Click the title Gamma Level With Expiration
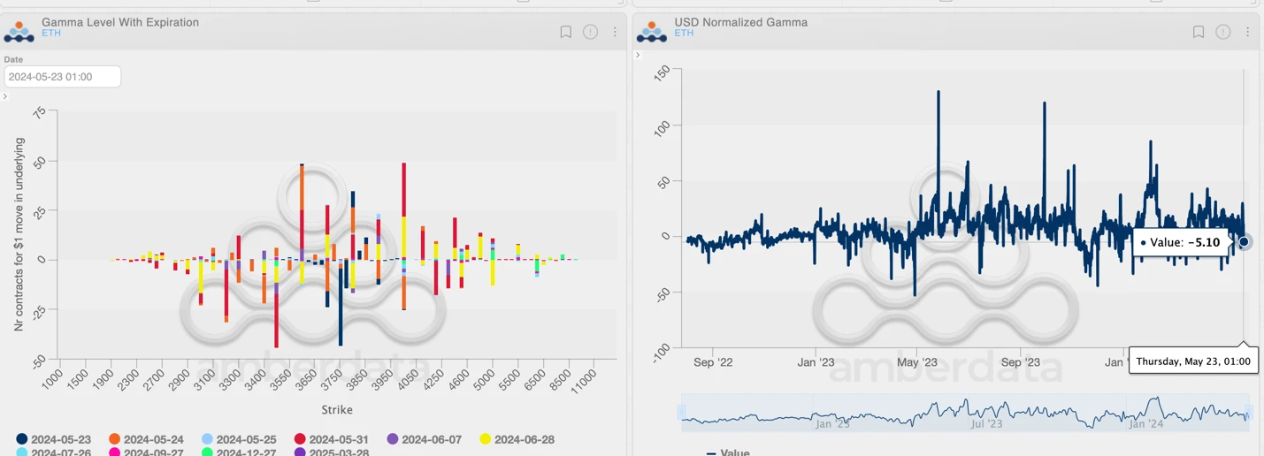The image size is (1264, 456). click(119, 22)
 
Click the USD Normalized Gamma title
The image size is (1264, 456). click(740, 22)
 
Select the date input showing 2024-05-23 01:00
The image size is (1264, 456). click(62, 77)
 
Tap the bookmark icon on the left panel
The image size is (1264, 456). click(566, 32)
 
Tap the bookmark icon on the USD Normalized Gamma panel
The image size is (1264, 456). click(1199, 32)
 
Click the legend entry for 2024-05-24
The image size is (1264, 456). click(153, 439)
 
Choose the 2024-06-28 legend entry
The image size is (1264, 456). click(524, 439)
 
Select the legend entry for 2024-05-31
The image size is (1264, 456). click(339, 439)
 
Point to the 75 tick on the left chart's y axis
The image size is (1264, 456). click(40, 113)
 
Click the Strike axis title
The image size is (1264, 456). click(337, 410)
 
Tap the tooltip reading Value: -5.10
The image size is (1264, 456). click(1180, 242)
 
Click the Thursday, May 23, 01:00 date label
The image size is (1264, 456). click(1193, 361)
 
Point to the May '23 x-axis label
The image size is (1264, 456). click(917, 362)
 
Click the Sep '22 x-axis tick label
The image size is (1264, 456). click(713, 362)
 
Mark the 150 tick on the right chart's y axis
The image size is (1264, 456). click(662, 73)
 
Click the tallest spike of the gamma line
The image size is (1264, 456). click(938, 92)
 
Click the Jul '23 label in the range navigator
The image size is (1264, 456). click(986, 424)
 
